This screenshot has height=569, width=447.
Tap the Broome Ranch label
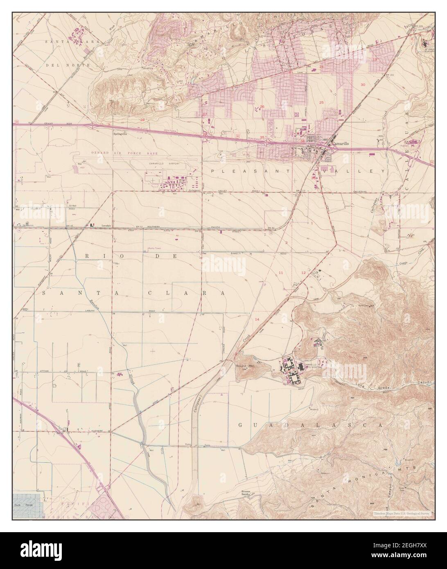pyautogui.click(x=246, y=493)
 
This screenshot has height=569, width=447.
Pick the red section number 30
pyautogui.click(x=362, y=84)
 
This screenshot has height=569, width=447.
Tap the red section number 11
pyautogui.click(x=281, y=272)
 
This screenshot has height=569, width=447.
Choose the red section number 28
pyautogui.click(x=142, y=120)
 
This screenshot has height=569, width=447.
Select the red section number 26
pyautogui.click(x=262, y=107)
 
